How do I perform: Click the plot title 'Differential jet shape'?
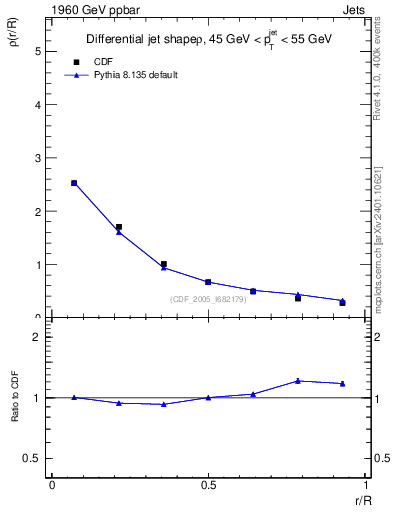[144, 40]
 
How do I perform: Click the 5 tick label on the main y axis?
[38, 51]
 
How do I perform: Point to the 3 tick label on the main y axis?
[38, 158]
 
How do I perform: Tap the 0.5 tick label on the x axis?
[207, 486]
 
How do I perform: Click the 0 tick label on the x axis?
[52, 486]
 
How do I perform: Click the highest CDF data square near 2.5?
[74, 183]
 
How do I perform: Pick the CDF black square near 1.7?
[119, 227]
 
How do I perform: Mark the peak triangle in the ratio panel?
[298, 381]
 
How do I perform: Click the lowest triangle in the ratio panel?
[163, 404]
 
